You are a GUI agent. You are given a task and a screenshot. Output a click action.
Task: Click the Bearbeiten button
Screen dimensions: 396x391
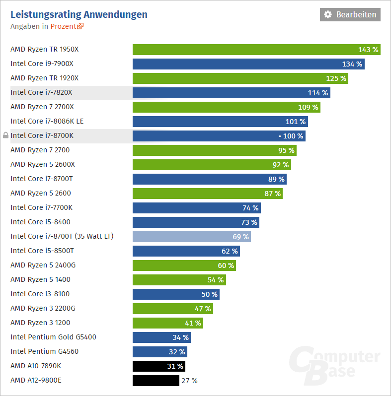pyautogui.click(x=350, y=14)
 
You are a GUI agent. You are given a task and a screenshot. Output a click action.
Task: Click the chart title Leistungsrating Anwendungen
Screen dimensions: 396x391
pyautogui.click(x=79, y=14)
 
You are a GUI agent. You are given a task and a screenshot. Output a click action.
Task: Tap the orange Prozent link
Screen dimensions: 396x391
pyautogui.click(x=67, y=26)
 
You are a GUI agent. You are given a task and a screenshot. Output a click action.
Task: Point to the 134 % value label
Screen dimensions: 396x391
pyautogui.click(x=352, y=64)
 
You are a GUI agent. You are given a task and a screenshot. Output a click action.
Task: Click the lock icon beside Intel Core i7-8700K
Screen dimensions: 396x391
pyautogui.click(x=5, y=135)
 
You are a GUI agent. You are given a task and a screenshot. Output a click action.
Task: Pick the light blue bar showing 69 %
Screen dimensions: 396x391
pyautogui.click(x=191, y=237)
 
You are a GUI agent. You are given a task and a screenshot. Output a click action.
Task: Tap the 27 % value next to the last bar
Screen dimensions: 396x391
pyautogui.click(x=190, y=381)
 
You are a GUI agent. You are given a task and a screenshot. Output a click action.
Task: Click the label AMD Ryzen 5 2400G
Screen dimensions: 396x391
pyautogui.click(x=43, y=265)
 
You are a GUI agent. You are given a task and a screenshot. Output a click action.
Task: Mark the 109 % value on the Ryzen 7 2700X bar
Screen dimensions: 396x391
pyautogui.click(x=308, y=107)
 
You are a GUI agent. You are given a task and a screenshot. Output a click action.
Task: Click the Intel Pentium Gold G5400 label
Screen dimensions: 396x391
pyautogui.click(x=53, y=337)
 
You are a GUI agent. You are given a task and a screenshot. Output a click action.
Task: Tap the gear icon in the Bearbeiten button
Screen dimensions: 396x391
pyautogui.click(x=328, y=14)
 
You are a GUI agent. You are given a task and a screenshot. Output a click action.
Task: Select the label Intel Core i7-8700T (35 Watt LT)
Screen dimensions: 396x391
pyautogui.click(x=62, y=236)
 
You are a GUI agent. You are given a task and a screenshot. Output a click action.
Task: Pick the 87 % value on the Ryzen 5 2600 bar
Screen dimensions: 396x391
pyautogui.click(x=272, y=194)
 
